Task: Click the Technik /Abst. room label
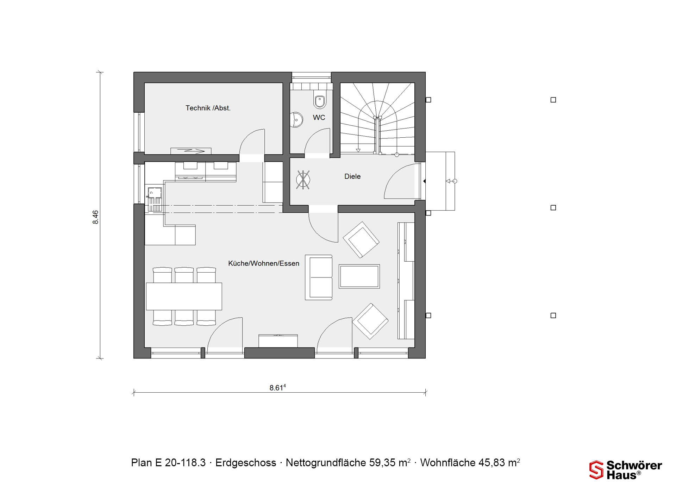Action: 208,108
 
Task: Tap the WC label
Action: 319,118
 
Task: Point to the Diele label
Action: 352,176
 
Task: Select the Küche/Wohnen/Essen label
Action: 264,263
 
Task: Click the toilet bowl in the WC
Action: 320,101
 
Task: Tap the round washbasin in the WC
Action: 296,120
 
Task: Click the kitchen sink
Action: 155,193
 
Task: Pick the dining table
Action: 184,296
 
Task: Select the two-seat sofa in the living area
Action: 319,277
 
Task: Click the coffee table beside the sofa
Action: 359,276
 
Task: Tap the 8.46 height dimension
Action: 95,217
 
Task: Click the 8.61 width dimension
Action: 277,388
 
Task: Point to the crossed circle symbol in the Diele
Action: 303,180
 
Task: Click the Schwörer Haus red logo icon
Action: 596,470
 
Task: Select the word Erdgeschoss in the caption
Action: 246,463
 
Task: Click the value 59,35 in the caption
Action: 382,463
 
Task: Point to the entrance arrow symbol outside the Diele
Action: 451,181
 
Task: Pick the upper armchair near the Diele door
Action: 361,239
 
